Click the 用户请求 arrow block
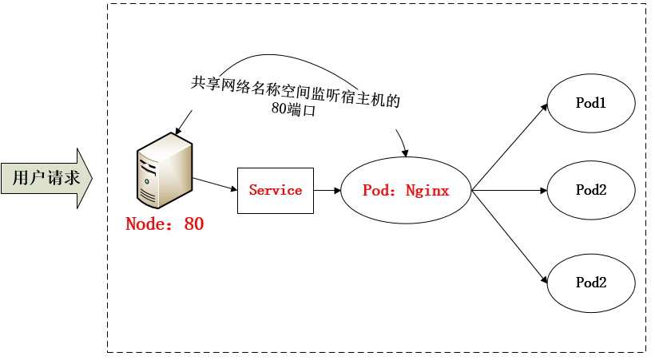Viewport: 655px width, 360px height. tap(46, 178)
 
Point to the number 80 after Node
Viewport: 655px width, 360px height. tap(194, 224)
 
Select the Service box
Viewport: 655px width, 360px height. tap(276, 191)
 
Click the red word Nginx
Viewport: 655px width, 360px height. tap(427, 191)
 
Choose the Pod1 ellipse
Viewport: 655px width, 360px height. tap(591, 103)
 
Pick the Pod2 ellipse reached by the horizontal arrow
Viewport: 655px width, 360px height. tap(591, 190)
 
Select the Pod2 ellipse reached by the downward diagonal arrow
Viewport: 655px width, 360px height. tap(591, 283)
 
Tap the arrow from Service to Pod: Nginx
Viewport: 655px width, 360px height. tap(327, 191)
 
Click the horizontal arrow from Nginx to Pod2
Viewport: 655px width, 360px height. tap(509, 191)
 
